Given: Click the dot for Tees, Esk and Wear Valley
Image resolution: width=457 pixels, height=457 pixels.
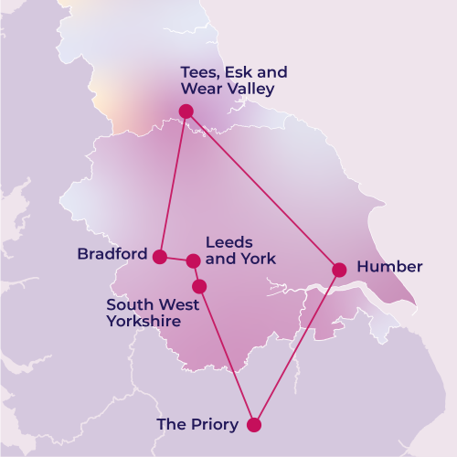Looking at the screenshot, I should click(186, 111).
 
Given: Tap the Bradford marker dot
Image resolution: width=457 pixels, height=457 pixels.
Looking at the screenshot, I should click(159, 257).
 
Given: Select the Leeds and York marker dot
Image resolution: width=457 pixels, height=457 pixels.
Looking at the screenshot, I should click(193, 261).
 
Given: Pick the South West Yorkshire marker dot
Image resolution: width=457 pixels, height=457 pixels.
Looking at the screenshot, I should click(199, 286).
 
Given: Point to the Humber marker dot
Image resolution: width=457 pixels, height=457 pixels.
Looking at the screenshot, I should click(339, 269).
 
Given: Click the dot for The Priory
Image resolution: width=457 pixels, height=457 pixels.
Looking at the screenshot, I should click(254, 424).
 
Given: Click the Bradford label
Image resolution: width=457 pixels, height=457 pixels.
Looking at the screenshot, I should click(112, 254).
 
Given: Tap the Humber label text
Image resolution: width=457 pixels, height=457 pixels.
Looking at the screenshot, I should click(389, 267).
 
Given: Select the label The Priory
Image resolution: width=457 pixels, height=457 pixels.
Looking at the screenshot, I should click(197, 424).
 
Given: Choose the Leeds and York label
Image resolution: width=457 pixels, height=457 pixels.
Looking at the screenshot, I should click(239, 250).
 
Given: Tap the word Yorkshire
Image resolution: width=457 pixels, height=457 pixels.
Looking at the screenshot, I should click(143, 322).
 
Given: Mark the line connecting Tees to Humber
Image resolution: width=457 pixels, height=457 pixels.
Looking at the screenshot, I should click(262, 190).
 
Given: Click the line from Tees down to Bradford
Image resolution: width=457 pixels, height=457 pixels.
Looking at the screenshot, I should click(173, 183).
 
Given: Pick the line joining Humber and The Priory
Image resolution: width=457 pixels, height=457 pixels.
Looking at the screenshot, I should click(297, 346).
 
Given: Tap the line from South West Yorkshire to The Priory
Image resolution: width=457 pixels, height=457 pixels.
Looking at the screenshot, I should click(227, 356).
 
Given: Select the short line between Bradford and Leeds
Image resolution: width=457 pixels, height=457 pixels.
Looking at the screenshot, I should click(176, 260).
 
